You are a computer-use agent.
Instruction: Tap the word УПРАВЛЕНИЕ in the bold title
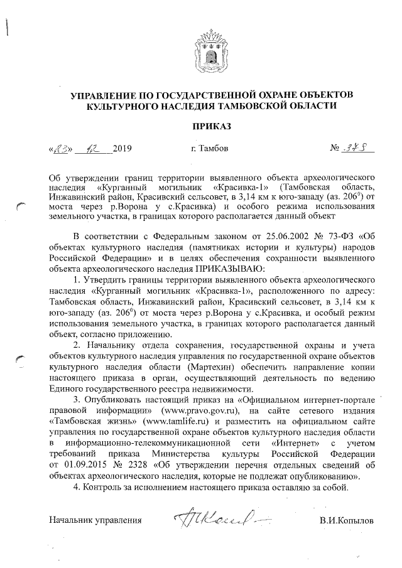[102, 94]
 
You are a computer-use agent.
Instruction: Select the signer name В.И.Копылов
[345, 521]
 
